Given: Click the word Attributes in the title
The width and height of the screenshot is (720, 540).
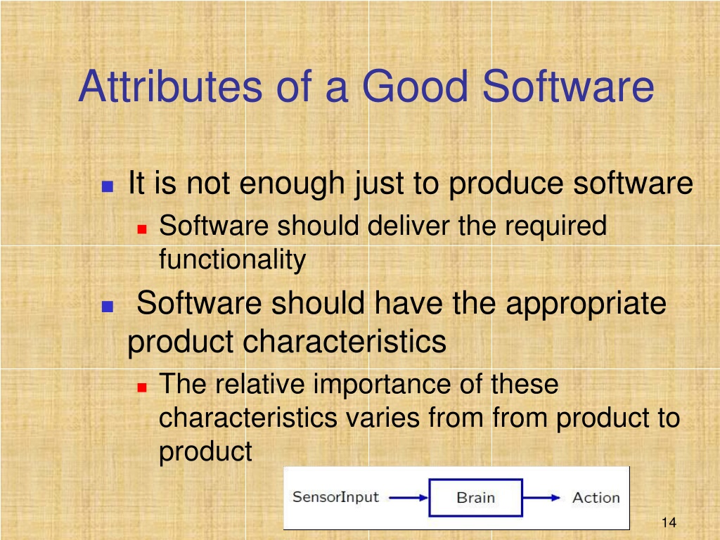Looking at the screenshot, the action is [x=170, y=86].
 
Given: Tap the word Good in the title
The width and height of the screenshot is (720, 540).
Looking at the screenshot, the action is [x=416, y=86].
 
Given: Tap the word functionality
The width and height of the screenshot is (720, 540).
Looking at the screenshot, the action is [x=232, y=259].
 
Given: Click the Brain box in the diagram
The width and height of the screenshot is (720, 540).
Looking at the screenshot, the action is [x=475, y=497].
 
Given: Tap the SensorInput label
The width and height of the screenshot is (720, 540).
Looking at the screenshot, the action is [x=335, y=497].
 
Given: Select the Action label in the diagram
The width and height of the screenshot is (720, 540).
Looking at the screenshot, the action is [x=596, y=497].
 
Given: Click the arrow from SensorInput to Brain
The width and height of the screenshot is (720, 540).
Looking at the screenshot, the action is [x=409, y=497].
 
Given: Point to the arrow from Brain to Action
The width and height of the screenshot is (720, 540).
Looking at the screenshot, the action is [x=541, y=497].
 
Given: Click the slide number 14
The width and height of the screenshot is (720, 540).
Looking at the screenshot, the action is [x=669, y=522].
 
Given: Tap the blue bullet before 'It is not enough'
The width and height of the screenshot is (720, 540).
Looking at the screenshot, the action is [x=108, y=186].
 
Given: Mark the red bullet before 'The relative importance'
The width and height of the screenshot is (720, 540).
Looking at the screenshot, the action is [x=142, y=387].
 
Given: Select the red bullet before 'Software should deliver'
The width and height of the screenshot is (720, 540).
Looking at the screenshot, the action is [x=142, y=229].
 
